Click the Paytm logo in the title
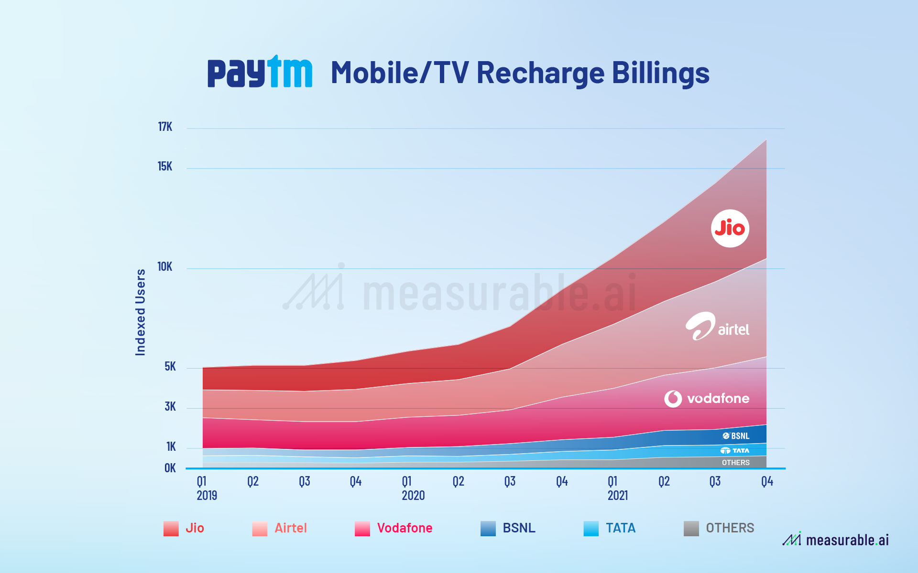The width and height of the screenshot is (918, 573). [x=260, y=73]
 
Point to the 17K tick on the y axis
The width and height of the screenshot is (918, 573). [x=165, y=127]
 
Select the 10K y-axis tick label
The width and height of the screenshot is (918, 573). [x=164, y=267]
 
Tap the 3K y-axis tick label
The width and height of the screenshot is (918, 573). [x=170, y=407]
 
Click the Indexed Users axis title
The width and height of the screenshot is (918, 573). [x=140, y=312]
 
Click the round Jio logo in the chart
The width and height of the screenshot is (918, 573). [x=730, y=228]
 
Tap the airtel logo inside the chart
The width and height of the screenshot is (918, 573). [x=717, y=327]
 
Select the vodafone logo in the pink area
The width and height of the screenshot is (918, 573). [x=707, y=398]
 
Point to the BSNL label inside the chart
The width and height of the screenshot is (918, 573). [x=736, y=436]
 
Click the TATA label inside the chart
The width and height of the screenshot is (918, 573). [x=735, y=451]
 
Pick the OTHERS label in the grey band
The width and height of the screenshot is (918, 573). [x=735, y=463]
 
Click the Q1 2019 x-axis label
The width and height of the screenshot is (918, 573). [x=206, y=488]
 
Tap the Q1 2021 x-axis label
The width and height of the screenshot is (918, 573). [x=617, y=488]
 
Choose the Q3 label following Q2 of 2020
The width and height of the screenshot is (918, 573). [x=510, y=481]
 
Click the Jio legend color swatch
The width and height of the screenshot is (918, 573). [x=171, y=529]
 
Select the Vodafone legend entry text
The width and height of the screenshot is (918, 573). [x=404, y=528]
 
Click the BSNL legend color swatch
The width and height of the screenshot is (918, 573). [x=488, y=529]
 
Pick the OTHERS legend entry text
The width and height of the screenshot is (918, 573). [x=730, y=528]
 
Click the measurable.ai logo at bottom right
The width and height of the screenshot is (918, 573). [x=835, y=540]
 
